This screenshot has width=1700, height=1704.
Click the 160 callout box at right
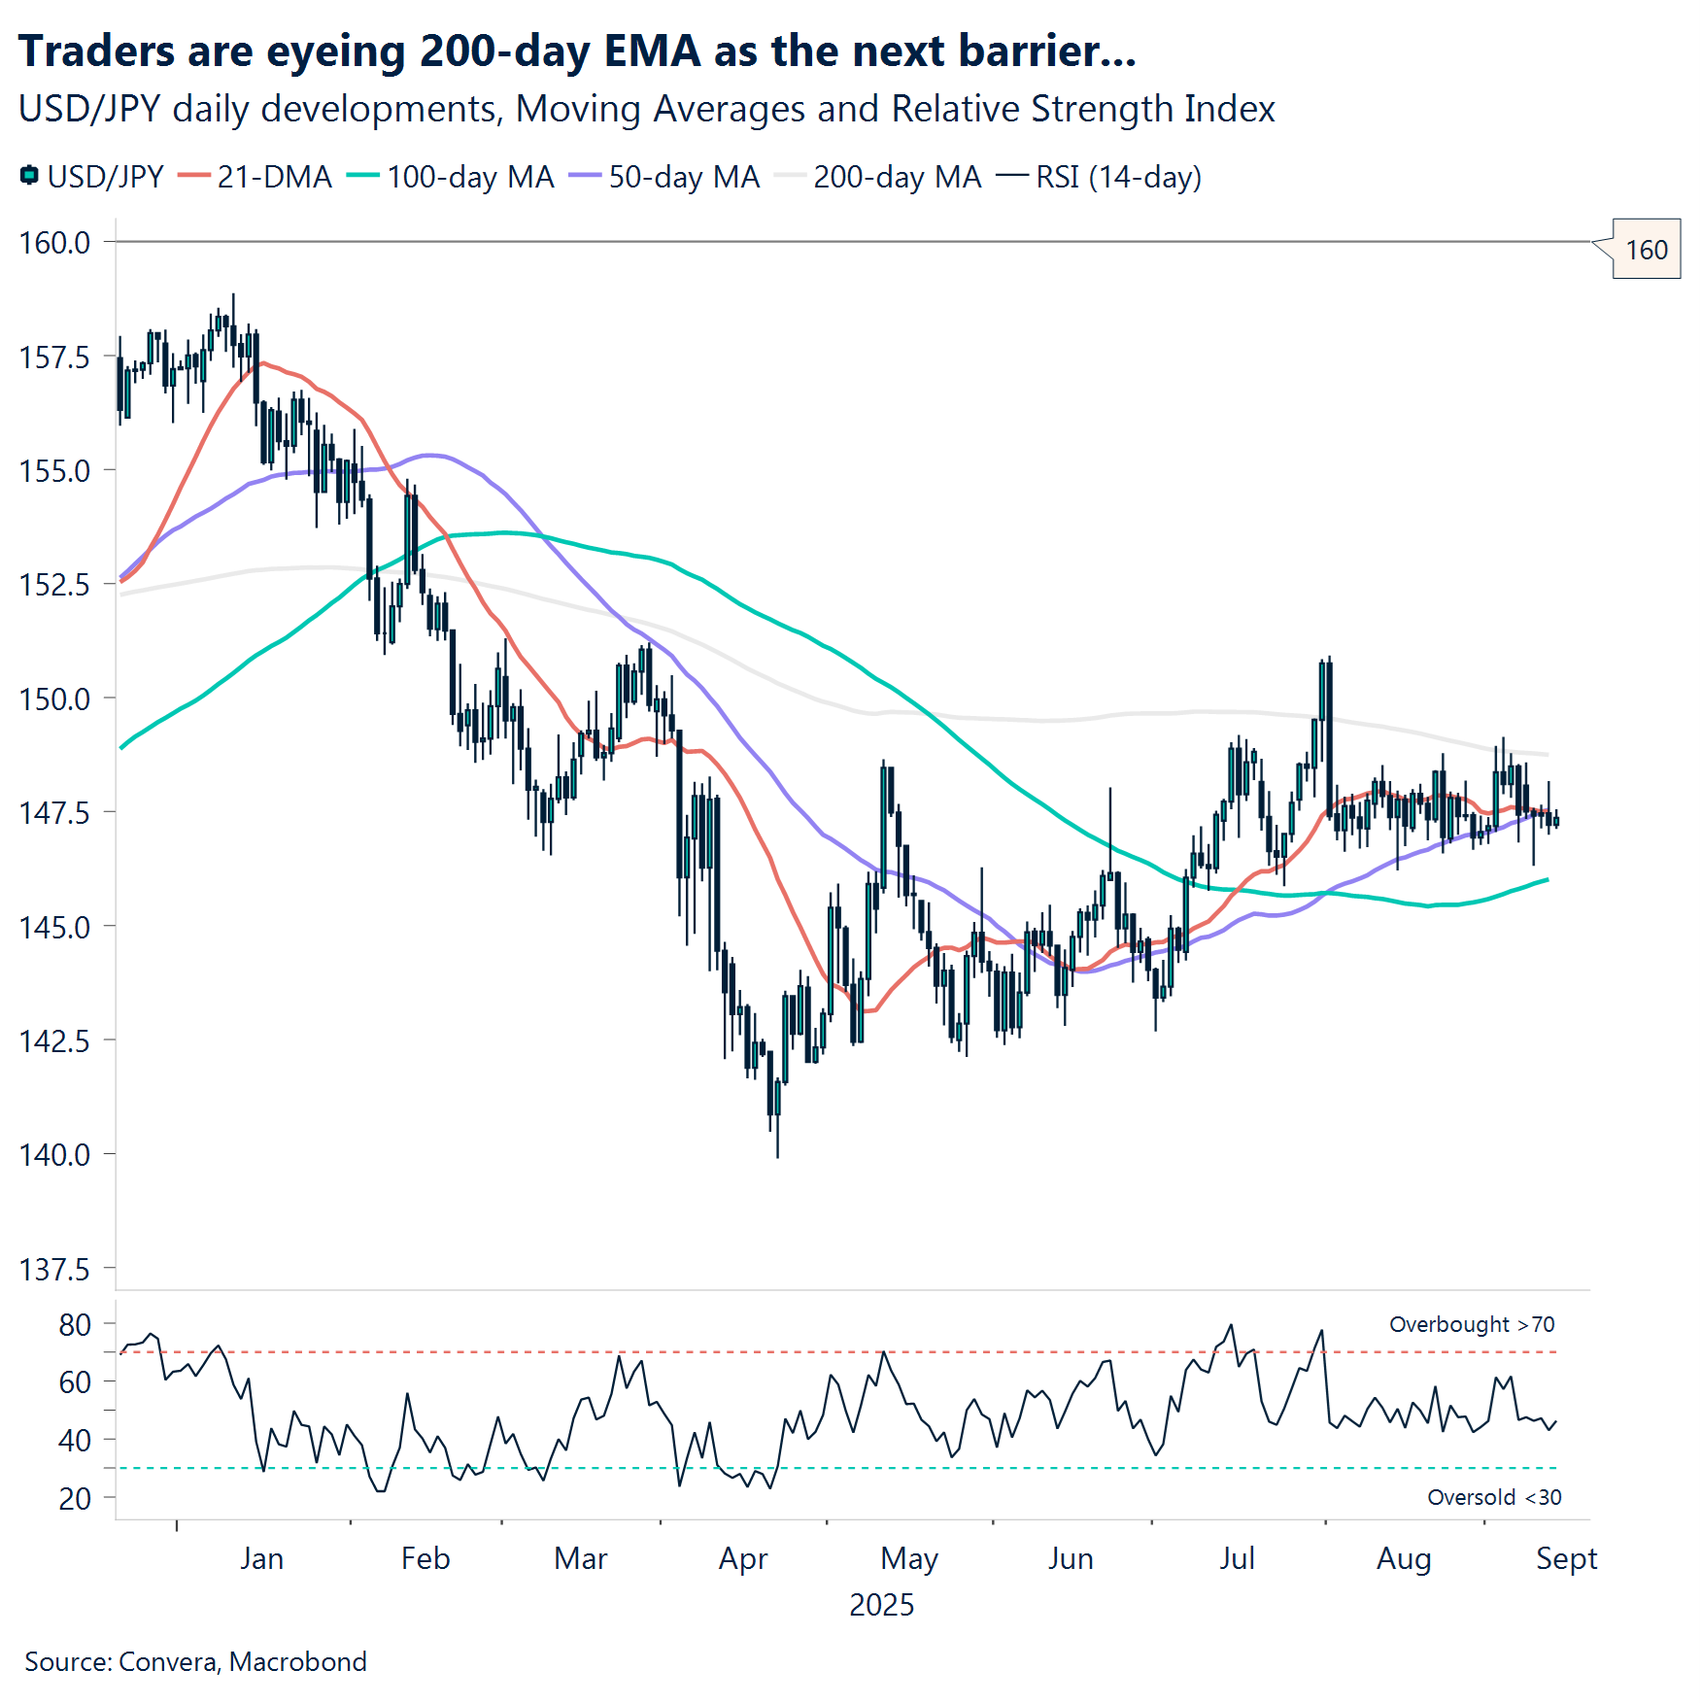click(1646, 250)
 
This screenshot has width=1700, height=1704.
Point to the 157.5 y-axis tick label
click(54, 358)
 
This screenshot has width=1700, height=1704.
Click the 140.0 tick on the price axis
click(54, 1155)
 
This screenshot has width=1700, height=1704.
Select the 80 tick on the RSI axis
click(75, 1325)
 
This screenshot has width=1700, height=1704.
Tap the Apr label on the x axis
click(743, 1558)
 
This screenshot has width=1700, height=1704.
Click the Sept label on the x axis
click(1566, 1558)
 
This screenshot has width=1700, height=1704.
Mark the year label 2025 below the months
click(881, 1604)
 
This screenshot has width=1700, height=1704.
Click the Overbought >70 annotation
click(1471, 1324)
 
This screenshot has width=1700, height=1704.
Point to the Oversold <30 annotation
click(1493, 1497)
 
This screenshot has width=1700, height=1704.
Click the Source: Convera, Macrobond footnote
click(195, 1661)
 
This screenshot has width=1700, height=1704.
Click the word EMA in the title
click(652, 51)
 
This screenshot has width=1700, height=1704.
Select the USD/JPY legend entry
click(92, 177)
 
